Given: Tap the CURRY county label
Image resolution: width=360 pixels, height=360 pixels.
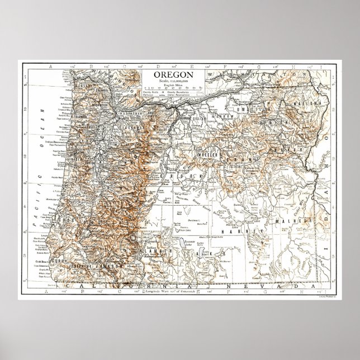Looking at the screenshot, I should pos(58,261).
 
